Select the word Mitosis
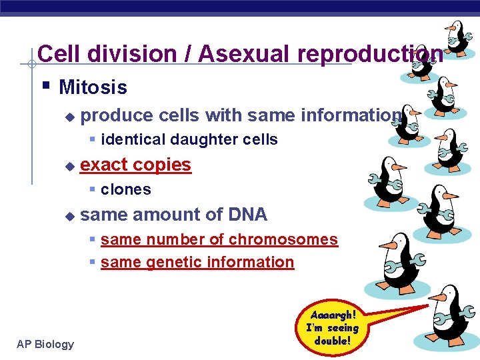[x=93, y=87]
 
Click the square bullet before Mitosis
[x=45, y=86]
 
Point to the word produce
[x=116, y=115]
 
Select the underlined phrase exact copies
[x=135, y=164]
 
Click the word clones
[x=126, y=189]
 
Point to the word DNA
[x=247, y=214]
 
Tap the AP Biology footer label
[x=46, y=344]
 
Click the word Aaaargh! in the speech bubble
[x=333, y=314]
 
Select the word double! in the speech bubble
[x=332, y=341]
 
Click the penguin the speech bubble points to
[x=447, y=317]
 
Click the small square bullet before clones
[x=93, y=189]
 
